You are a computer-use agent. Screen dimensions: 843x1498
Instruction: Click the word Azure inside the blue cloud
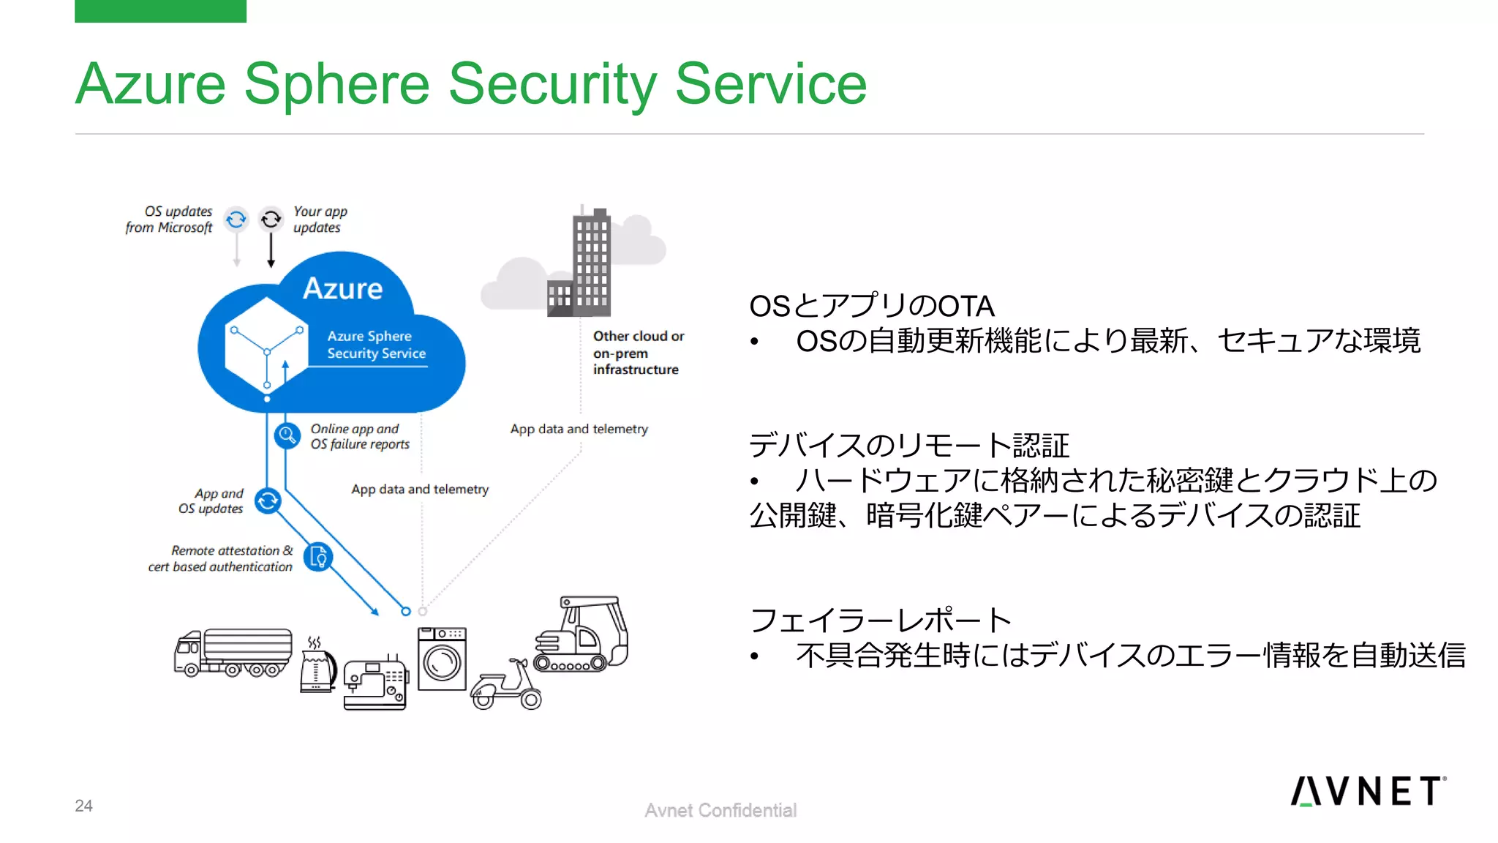[x=342, y=288]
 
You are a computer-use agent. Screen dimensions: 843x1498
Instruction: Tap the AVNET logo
[x=1367, y=791]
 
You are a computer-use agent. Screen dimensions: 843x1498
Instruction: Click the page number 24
[x=83, y=806]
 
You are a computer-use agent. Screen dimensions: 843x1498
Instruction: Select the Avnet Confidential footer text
[x=720, y=810]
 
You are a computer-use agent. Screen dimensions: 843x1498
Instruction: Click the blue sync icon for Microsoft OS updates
[x=236, y=219]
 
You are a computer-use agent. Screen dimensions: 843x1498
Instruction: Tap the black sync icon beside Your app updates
[x=271, y=219]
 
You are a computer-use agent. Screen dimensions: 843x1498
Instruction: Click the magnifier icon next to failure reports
[x=287, y=435]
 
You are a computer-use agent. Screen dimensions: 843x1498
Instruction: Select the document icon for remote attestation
[x=318, y=558]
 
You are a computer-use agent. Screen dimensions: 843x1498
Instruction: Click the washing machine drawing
[x=442, y=659]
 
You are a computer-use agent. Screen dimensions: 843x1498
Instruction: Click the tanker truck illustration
[x=233, y=651]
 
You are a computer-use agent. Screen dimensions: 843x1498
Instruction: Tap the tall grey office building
[x=590, y=263]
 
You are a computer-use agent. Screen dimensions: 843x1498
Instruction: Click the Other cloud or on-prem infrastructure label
[x=638, y=353]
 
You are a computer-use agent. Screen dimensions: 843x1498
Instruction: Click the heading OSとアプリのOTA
[x=871, y=306]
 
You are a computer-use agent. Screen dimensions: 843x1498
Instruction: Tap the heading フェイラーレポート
[x=880, y=620]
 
